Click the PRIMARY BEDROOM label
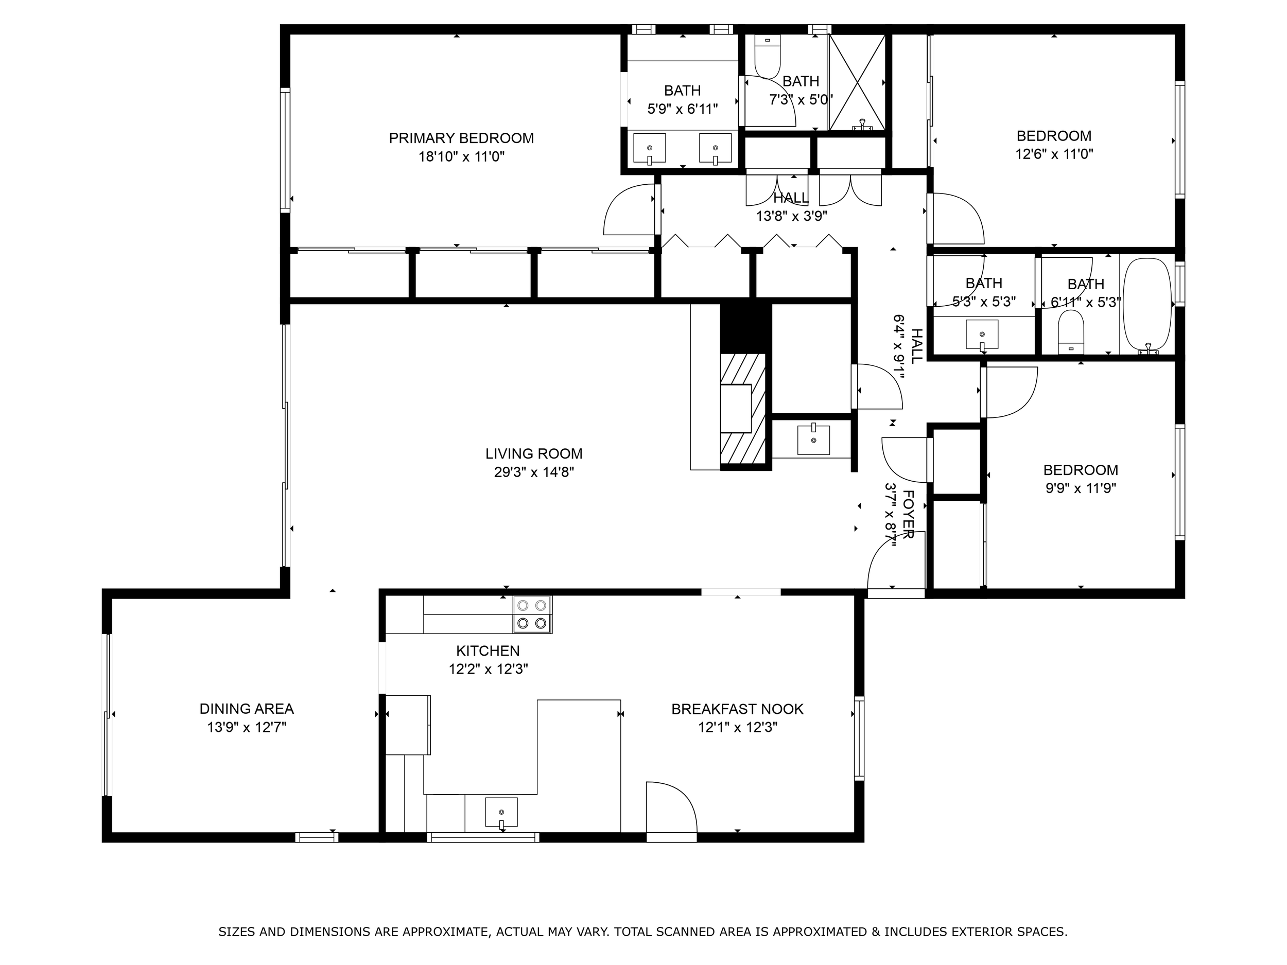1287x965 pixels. (461, 138)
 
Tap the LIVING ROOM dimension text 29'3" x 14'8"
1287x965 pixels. (534, 472)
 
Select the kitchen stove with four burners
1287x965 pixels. (532, 614)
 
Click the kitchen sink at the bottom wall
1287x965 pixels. (501, 813)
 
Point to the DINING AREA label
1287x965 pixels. (247, 709)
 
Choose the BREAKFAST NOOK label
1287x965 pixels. (737, 709)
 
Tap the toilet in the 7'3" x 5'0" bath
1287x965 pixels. (768, 57)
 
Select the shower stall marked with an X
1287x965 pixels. (857, 82)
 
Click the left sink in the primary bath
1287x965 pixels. (649, 149)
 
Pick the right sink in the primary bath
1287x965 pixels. (715, 149)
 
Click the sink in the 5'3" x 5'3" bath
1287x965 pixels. (982, 335)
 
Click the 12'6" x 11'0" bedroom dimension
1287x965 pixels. (1054, 155)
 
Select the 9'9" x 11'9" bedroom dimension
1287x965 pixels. (1081, 488)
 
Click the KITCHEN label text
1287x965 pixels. (488, 651)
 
